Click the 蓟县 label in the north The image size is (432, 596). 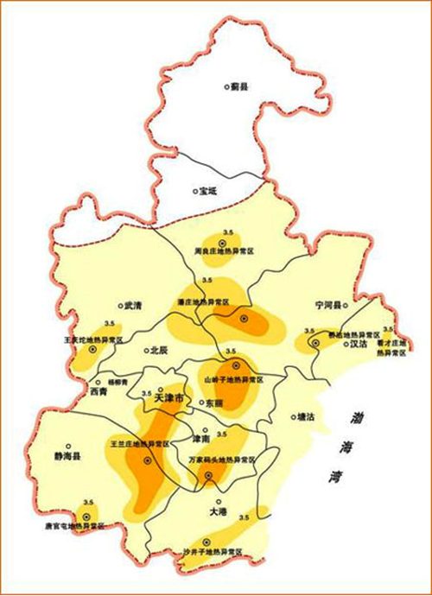click(239, 86)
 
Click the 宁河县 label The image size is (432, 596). click(328, 305)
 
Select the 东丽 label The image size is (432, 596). click(213, 403)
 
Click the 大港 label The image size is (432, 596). click(217, 511)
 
